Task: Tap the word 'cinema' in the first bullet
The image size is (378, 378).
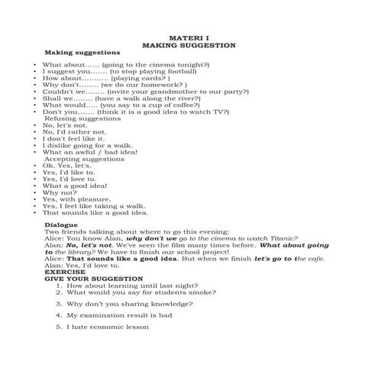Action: [x=156, y=66]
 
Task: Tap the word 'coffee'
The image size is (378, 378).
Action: [x=166, y=108]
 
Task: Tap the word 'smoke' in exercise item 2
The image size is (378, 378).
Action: [x=211, y=292]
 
